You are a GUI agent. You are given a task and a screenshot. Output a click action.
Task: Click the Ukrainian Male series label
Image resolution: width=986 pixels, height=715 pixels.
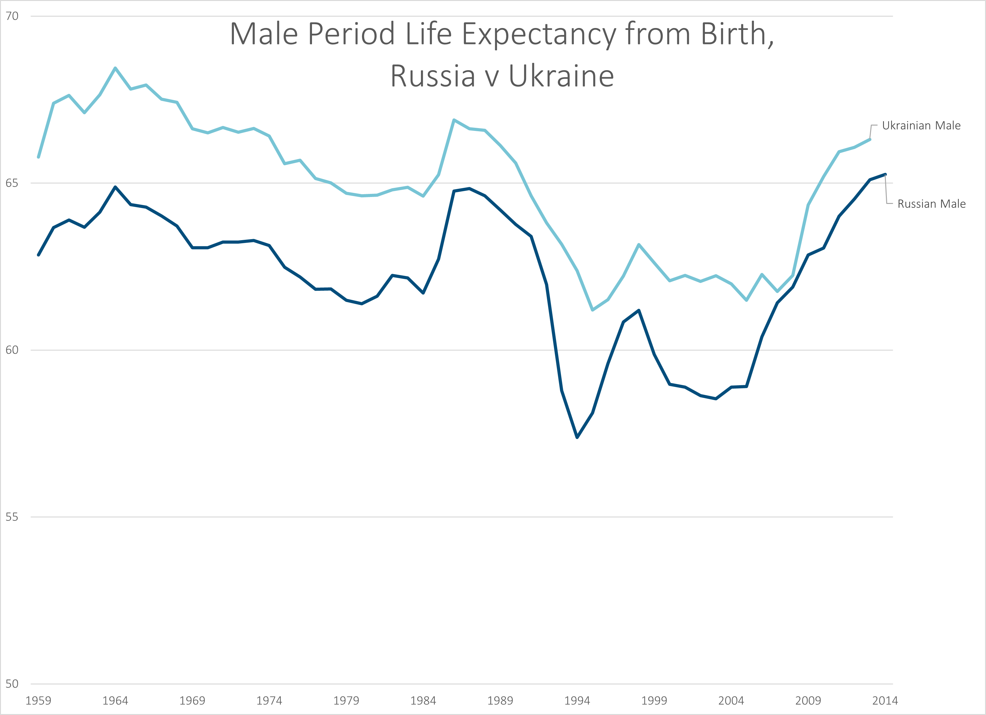click(921, 126)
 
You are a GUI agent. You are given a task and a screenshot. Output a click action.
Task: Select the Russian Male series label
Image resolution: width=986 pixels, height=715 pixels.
click(931, 204)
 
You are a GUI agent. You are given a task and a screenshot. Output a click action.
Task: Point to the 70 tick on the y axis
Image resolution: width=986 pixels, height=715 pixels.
click(12, 16)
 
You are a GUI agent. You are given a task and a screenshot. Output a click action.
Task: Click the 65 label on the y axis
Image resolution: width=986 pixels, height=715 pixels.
click(12, 183)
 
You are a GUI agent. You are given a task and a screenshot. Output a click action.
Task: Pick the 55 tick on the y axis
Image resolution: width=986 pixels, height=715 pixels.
click(12, 517)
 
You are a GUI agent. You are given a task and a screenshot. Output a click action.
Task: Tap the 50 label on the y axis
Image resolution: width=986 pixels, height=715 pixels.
click(12, 684)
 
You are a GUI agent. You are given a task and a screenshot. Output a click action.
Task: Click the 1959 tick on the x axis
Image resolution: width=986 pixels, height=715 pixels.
click(38, 701)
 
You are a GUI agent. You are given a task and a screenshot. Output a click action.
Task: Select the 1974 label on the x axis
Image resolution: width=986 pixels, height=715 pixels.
click(269, 701)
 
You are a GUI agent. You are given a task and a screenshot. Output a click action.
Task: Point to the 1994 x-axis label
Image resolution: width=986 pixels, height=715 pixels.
click(577, 701)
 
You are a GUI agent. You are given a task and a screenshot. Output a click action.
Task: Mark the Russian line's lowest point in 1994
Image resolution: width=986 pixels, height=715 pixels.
click(577, 437)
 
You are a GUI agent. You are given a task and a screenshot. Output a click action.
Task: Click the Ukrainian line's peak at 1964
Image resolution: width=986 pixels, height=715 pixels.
click(115, 68)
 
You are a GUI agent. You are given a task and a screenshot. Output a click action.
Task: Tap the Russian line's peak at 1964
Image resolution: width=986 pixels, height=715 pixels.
click(115, 187)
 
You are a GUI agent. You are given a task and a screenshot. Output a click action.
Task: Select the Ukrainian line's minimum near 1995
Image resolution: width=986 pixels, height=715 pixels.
click(592, 310)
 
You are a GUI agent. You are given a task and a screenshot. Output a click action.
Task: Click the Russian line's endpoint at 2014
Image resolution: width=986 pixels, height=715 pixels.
click(885, 174)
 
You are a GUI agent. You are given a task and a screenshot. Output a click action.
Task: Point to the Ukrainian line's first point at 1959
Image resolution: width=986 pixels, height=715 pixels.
click(38, 157)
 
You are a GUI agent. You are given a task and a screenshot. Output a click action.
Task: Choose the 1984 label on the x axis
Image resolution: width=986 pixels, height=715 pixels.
click(423, 701)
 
